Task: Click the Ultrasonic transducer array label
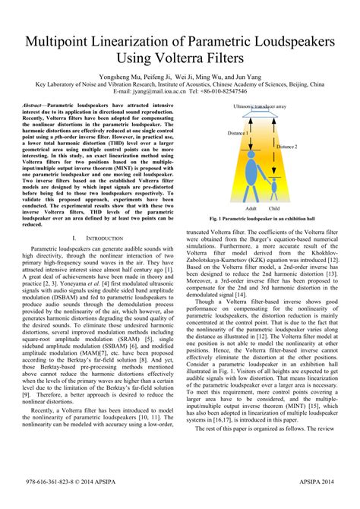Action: click(x=260, y=107)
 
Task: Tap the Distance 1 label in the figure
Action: click(x=238, y=133)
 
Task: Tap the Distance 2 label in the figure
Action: click(x=286, y=146)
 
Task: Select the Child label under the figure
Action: click(x=274, y=207)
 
